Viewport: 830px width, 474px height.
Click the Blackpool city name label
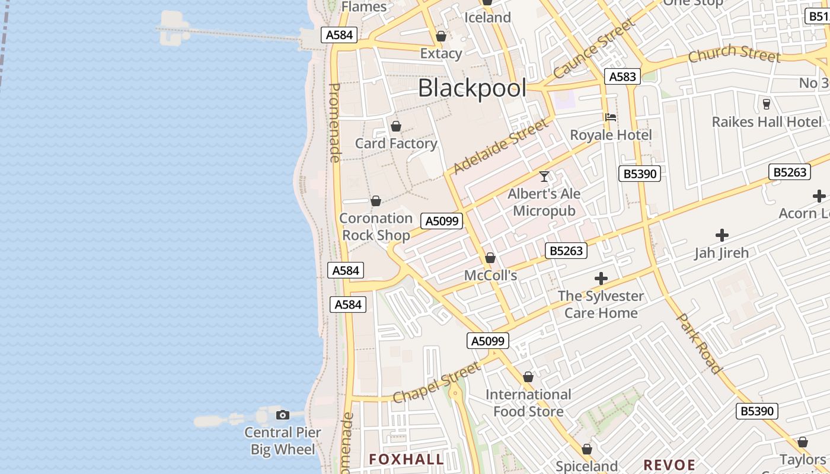pos(472,88)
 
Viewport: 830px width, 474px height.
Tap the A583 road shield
pos(622,76)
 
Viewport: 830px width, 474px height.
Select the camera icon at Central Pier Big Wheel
pos(283,415)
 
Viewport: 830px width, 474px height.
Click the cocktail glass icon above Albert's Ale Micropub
pos(544,176)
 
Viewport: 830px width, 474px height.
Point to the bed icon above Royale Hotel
pos(611,117)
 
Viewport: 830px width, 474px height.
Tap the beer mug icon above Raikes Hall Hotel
pos(767,104)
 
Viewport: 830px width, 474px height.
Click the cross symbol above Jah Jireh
pos(722,235)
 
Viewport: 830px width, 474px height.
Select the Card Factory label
pos(396,143)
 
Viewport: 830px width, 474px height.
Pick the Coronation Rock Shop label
pos(376,227)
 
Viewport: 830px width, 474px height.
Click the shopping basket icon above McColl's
pos(490,258)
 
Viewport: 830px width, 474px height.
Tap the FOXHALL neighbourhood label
pos(406,459)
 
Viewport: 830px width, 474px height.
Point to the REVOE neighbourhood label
pos(669,465)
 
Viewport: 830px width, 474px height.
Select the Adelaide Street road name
pos(502,146)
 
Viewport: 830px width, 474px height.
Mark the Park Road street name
pos(700,344)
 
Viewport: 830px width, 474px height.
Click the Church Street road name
pos(734,53)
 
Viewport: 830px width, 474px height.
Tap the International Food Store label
pos(528,403)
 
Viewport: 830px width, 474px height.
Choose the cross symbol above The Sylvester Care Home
pos(601,278)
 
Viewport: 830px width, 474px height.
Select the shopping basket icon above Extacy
pos(441,36)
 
